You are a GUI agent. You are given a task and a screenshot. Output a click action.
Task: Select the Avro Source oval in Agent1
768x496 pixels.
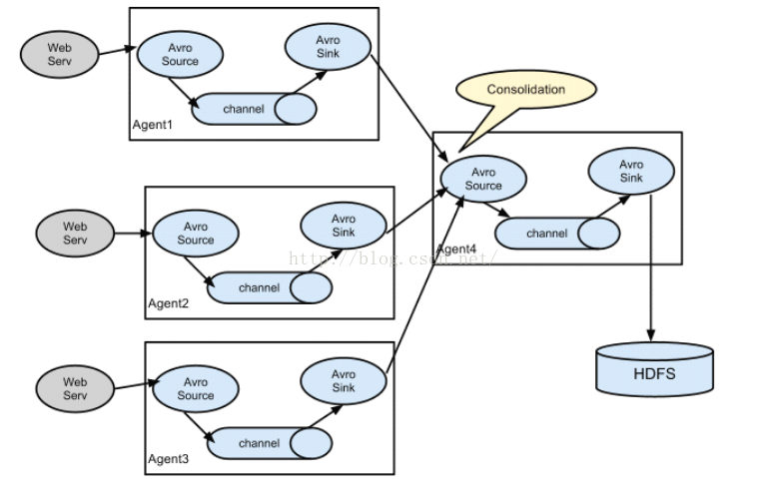[180, 54]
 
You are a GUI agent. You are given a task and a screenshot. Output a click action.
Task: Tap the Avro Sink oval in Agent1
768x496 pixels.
[329, 45]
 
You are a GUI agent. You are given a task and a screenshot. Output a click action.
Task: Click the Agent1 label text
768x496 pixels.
[152, 125]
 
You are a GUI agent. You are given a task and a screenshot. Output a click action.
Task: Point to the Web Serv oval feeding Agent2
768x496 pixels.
[76, 234]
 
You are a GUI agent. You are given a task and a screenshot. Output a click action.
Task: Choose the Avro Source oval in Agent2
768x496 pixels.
[196, 234]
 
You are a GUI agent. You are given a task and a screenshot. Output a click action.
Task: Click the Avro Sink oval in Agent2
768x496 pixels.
[344, 226]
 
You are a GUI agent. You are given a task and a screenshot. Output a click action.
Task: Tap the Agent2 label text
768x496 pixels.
[168, 303]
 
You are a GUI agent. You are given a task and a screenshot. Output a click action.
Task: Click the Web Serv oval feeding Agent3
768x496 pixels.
[76, 388]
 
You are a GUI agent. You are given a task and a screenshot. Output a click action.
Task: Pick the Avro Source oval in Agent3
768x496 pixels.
[196, 389]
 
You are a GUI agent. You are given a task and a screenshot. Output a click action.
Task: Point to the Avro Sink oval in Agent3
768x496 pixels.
[344, 381]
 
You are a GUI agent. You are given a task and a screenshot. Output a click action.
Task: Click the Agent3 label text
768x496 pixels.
[168, 458]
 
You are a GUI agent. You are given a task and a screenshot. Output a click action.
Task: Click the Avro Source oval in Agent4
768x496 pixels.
[483, 179]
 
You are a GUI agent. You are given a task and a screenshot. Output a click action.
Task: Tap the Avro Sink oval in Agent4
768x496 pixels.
[631, 171]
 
